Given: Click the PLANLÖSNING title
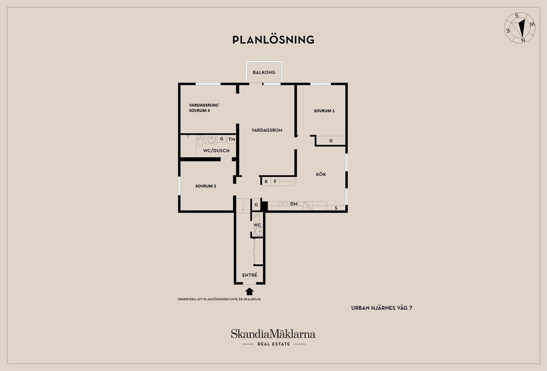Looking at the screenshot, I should [x=273, y=40].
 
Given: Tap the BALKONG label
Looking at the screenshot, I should [x=264, y=72].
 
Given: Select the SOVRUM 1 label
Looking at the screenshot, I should [x=324, y=111].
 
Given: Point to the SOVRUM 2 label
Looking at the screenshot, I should [x=205, y=186].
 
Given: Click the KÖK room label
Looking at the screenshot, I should [x=321, y=174].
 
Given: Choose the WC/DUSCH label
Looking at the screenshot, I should [x=216, y=151].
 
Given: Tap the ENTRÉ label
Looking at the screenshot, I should [x=250, y=275].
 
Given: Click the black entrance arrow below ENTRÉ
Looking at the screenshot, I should [x=250, y=291].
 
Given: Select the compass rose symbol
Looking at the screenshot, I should [x=520, y=28].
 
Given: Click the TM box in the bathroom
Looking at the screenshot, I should [x=232, y=139].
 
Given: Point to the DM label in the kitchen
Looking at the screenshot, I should [x=294, y=204].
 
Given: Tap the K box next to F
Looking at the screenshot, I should [x=266, y=182].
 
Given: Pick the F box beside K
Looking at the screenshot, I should [x=275, y=182].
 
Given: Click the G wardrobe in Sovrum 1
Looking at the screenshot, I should [x=331, y=141].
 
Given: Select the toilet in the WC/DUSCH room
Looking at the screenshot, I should [x=201, y=140].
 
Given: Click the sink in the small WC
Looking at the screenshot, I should [x=258, y=231].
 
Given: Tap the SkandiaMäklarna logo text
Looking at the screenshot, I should [x=273, y=334].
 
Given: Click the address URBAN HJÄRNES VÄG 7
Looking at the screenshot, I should [x=381, y=308].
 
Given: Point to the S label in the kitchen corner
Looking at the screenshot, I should [x=336, y=208].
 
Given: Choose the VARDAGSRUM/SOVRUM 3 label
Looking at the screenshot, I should [x=204, y=108].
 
